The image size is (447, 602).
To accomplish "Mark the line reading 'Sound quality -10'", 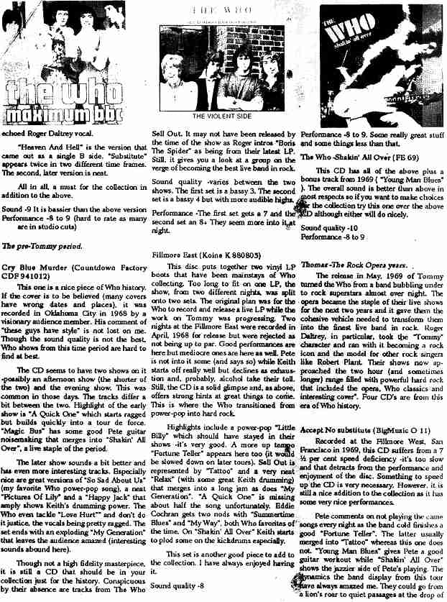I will (326, 227).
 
